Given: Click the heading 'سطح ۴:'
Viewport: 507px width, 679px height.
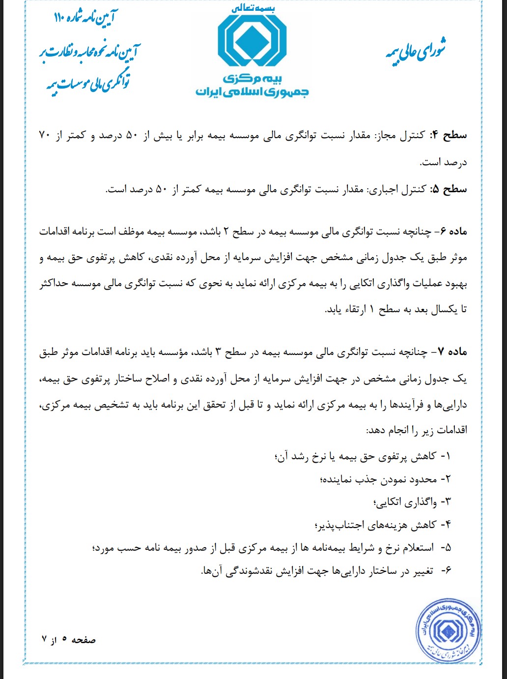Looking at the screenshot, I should [449, 136].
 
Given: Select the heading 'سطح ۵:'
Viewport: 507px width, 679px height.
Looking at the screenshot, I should [449, 189].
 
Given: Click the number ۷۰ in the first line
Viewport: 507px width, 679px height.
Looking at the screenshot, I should [45, 136].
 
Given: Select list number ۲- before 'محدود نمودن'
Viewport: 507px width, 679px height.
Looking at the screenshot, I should [445, 479].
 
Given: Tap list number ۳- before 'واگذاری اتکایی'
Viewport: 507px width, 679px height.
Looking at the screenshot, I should [445, 502].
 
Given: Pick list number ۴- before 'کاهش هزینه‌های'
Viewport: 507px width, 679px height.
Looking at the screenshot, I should [445, 525].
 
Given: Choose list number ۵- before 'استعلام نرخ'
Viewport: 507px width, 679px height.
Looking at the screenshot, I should [446, 548].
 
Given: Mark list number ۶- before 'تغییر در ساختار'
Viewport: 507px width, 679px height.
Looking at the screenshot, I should [446, 571].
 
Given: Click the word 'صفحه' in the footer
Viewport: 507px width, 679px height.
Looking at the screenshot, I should [84, 640].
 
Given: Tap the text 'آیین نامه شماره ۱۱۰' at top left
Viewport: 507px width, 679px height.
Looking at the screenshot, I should [86, 19].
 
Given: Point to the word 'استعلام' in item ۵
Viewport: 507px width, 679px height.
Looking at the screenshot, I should [419, 548].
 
